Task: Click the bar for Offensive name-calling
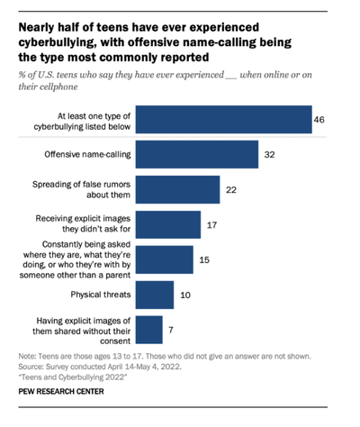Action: (x=200, y=155)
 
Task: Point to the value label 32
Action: (x=270, y=155)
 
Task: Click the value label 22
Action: (x=232, y=189)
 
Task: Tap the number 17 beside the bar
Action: (x=213, y=224)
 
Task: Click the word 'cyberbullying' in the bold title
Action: (x=58, y=40)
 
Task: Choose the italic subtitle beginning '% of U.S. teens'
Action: (x=162, y=76)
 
